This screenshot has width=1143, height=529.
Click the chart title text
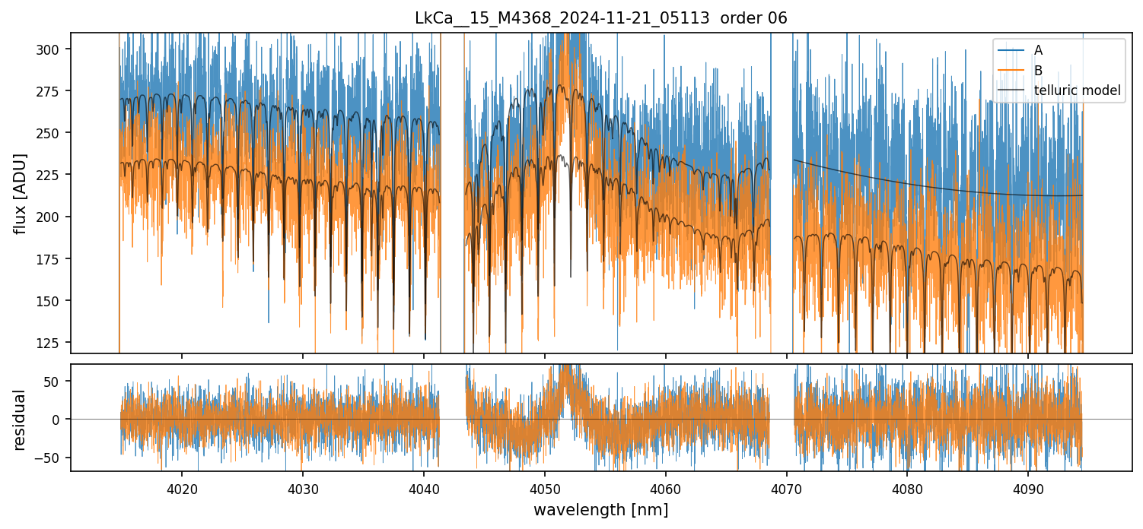click(601, 18)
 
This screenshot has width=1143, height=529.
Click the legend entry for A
click(1038, 51)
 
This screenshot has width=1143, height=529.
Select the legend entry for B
click(1038, 71)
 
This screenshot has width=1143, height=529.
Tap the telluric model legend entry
click(1077, 90)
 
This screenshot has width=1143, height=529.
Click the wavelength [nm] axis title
click(600, 509)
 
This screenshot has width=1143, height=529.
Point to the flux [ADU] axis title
click(21, 193)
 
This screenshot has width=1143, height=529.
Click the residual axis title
click(21, 420)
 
